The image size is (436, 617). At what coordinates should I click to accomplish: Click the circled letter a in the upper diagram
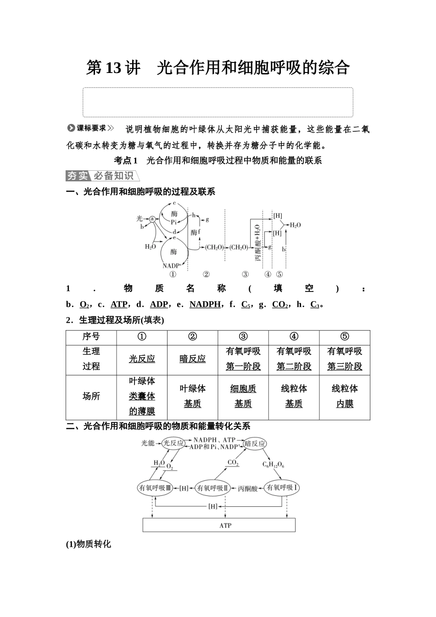(151, 219)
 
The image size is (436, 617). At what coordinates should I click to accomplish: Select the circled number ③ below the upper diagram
(245, 274)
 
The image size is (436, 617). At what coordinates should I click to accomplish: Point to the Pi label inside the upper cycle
(174, 222)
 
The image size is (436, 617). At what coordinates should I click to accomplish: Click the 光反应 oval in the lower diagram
(173, 443)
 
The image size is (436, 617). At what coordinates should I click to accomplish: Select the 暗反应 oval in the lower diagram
(255, 443)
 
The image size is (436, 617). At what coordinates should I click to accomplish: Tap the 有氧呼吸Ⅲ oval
(155, 488)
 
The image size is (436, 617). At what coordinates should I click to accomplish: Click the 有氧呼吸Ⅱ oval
(213, 488)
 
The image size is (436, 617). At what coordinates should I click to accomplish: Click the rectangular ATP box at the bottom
(219, 525)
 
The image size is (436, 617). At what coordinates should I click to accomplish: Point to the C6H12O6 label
(273, 465)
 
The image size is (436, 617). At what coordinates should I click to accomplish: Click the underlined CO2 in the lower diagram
(233, 463)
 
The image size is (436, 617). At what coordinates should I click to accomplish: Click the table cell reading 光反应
(142, 359)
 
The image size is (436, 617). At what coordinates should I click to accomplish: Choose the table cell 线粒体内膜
(344, 396)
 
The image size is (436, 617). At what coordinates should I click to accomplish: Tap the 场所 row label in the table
(91, 396)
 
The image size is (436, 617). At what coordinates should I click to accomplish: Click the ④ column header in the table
(294, 337)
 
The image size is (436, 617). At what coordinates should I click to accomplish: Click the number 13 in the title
(113, 68)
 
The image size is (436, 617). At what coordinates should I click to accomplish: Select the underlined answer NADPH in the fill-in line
(205, 304)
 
